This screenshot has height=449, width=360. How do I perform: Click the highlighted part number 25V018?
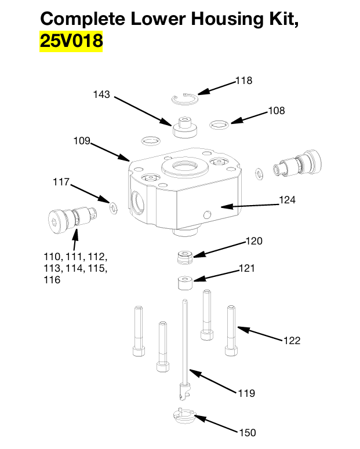(x=71, y=42)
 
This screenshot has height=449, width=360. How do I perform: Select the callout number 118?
(x=243, y=81)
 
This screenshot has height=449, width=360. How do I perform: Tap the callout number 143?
(x=101, y=94)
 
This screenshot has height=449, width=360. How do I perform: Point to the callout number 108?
(x=276, y=111)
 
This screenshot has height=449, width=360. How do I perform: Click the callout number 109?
(x=82, y=141)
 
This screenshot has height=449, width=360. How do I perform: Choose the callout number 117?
(x=61, y=182)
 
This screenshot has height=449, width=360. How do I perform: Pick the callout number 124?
(x=287, y=200)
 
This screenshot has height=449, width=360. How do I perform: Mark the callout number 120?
(x=254, y=241)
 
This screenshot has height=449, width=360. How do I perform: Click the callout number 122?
(x=292, y=341)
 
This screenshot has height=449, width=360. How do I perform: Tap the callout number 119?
(x=246, y=393)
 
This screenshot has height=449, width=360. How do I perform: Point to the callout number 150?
(x=247, y=432)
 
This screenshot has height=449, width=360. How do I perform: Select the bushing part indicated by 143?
(x=185, y=127)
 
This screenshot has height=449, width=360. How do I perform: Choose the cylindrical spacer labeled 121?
(x=184, y=283)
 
